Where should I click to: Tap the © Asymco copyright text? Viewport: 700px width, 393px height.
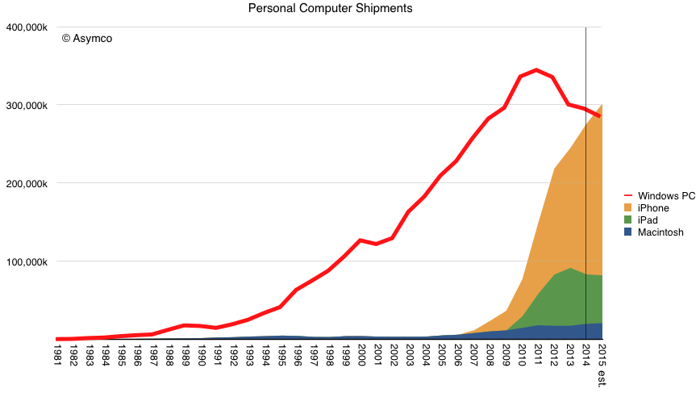point(86,38)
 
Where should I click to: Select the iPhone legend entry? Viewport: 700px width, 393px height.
point(653,208)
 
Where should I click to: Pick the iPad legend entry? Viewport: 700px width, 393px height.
point(649,220)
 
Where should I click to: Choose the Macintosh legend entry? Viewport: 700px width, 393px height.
point(660,232)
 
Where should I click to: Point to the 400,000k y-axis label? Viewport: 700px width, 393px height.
point(26,27)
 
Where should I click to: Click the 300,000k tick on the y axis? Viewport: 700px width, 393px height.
point(26,106)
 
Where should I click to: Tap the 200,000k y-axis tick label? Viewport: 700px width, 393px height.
point(26,184)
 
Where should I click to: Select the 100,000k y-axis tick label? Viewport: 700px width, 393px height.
point(26,262)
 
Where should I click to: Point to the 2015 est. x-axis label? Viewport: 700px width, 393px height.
point(600,364)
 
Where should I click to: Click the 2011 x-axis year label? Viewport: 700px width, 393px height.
point(536,356)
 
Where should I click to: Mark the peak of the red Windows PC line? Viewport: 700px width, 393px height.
point(536,70)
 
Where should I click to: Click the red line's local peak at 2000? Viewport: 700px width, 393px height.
point(360,240)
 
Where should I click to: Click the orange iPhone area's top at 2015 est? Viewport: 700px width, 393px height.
point(601,104)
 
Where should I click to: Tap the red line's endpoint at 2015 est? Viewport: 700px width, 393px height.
point(600,116)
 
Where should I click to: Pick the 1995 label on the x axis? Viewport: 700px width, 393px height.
point(281,356)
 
